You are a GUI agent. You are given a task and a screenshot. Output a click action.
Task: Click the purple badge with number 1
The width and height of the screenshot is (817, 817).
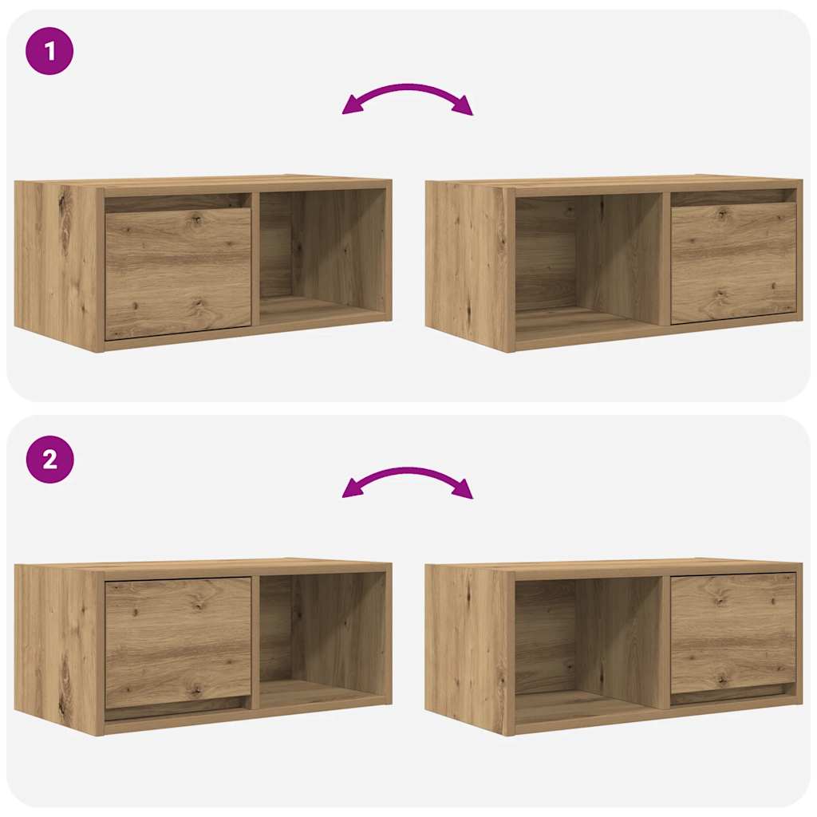tap(49, 51)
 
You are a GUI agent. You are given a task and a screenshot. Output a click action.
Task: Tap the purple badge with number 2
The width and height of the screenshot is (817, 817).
tap(49, 460)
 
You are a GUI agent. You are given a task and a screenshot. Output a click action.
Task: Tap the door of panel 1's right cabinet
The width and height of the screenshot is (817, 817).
tap(733, 262)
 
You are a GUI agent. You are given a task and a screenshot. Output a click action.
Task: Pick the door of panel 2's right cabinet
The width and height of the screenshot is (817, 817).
tap(733, 632)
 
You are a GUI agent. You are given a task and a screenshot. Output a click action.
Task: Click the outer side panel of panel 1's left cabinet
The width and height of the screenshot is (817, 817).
tap(58, 263)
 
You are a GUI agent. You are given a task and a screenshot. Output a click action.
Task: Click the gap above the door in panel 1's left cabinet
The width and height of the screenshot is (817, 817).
tap(177, 203)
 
